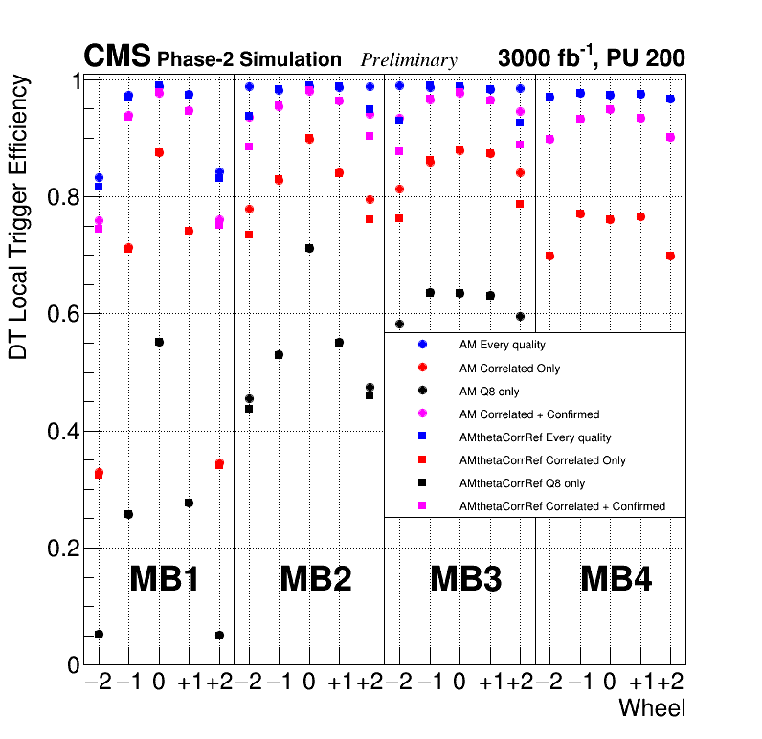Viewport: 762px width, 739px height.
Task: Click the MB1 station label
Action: point(164,579)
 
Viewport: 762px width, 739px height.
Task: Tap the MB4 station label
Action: point(616,579)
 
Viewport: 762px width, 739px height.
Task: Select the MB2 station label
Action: point(315,579)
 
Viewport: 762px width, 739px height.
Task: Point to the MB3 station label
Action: point(466,579)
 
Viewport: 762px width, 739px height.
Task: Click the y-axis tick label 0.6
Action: point(60,314)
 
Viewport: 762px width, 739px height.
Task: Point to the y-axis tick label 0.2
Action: point(60,549)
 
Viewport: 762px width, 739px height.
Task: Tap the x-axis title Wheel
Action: point(652,708)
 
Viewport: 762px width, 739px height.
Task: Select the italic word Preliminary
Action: point(409,60)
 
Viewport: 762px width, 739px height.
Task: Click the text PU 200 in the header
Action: point(646,58)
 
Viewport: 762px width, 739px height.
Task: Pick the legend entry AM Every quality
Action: point(503,345)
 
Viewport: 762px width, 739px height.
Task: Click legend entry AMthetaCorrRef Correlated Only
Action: point(542,460)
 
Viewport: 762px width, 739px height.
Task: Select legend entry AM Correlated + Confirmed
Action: point(529,414)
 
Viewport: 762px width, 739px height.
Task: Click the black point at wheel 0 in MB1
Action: point(159,342)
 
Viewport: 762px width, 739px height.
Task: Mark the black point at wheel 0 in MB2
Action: point(308,248)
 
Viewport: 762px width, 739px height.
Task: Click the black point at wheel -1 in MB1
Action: point(128,514)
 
